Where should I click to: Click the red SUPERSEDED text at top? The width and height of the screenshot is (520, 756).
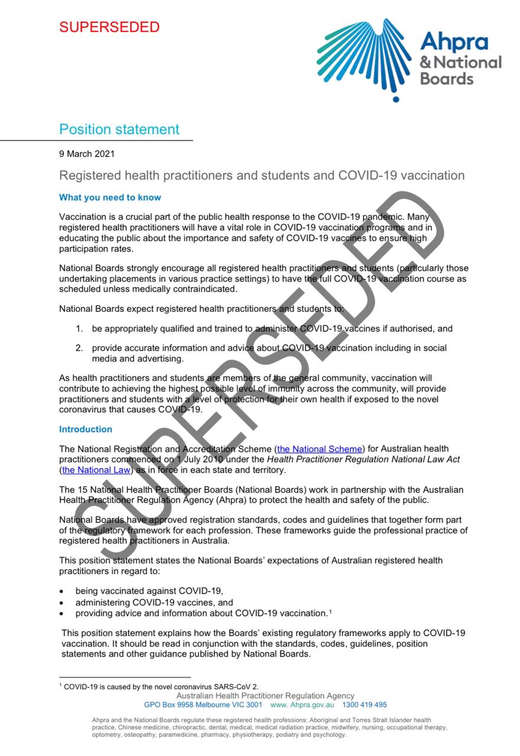tap(109, 27)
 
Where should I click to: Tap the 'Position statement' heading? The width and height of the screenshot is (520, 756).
tap(119, 129)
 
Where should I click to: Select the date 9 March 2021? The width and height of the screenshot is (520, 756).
tap(87, 154)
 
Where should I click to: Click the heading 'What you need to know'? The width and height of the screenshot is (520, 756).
tap(110, 197)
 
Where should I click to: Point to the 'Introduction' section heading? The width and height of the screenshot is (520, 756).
tap(86, 429)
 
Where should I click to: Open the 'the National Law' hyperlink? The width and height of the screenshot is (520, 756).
tap(96, 470)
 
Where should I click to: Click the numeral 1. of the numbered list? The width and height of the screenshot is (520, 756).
tap(79, 328)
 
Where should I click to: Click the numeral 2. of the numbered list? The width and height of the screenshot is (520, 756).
tap(79, 348)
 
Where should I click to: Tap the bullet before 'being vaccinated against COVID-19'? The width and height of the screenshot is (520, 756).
tap(62, 591)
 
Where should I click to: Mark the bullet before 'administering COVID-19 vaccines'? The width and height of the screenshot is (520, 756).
tap(62, 603)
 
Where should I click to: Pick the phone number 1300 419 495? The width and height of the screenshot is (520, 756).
tap(365, 705)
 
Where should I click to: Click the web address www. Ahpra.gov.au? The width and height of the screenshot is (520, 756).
tap(302, 705)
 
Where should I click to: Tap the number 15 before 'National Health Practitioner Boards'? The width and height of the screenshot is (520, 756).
tap(83, 490)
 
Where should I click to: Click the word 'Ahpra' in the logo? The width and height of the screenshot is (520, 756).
tap(454, 41)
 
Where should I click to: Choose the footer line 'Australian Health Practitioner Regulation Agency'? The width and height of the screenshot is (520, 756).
tap(265, 696)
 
